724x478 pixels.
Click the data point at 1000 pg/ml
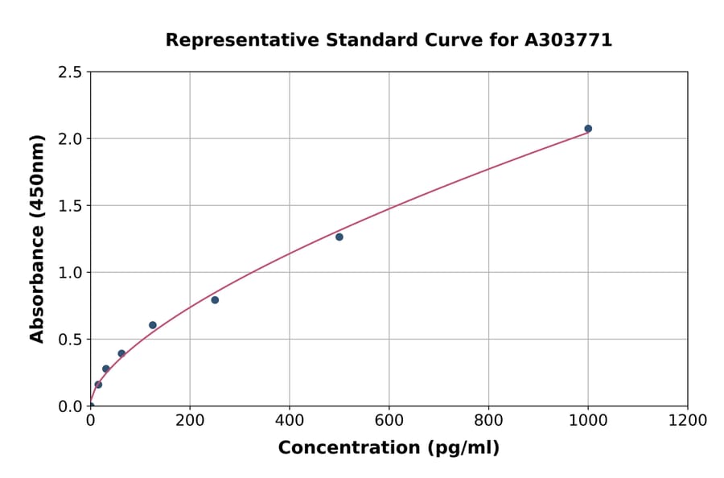point(588,129)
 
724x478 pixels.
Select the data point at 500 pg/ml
point(339,237)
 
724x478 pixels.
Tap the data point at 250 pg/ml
point(215,300)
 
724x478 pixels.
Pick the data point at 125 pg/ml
point(153,325)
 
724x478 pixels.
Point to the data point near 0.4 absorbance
point(121,353)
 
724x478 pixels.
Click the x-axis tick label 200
point(190,420)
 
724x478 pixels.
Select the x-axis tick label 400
point(290,420)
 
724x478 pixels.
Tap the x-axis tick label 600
point(389,420)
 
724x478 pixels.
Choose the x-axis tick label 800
point(488,420)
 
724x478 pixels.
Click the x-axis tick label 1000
point(588,420)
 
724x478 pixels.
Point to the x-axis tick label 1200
point(687,420)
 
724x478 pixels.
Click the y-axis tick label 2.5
point(70,72)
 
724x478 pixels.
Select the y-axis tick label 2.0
point(70,139)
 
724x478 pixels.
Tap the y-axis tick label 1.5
point(70,206)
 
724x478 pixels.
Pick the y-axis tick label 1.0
point(70,273)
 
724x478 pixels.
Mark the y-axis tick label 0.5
point(70,340)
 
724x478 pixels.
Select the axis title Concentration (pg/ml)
point(389,448)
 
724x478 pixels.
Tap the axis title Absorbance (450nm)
point(37,238)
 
